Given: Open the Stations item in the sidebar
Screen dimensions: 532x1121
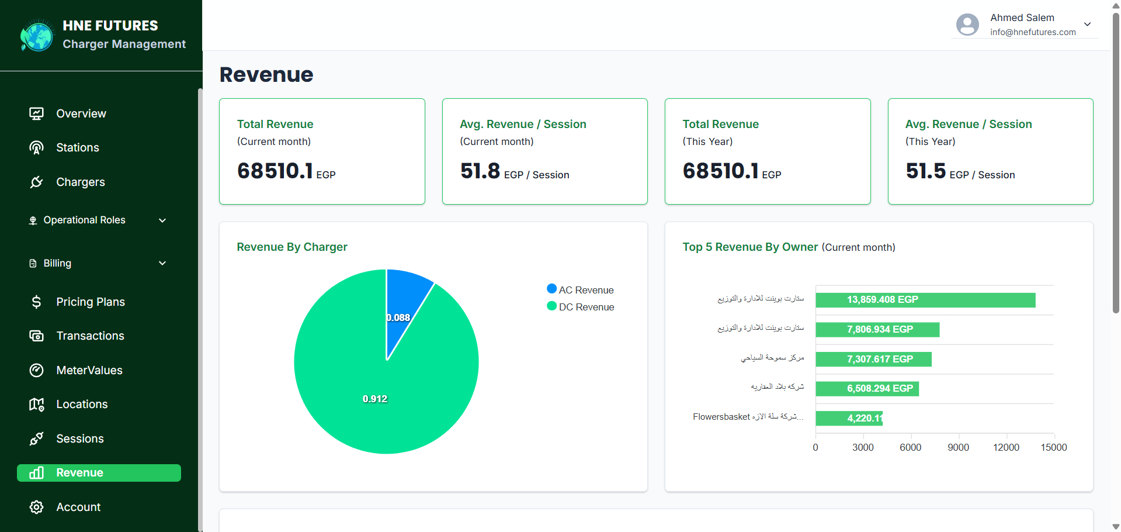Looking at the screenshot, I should coord(77,148).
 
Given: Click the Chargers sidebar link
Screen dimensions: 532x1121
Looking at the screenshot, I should coord(80,182).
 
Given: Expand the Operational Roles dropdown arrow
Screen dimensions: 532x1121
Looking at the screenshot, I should coord(162,220).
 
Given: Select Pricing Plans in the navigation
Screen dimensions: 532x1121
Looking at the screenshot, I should coord(90,302).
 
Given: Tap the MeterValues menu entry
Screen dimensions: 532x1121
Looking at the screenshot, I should coord(89,371).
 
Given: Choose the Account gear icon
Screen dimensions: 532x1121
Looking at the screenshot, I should coord(36,507).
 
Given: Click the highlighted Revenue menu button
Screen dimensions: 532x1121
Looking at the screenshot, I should coord(99,473).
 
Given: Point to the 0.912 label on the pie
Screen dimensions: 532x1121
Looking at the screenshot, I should coord(375,399).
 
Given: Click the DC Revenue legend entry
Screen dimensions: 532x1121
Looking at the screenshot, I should coord(586,307).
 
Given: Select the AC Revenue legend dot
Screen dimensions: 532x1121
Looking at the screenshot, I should coord(551,289).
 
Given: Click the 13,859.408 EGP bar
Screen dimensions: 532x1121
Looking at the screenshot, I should coord(925,300).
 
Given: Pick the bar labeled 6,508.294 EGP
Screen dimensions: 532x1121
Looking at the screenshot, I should coord(867,389).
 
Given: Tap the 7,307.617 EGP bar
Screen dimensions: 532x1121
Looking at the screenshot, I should coord(873,359).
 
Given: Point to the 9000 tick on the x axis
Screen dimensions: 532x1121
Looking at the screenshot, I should coord(958,447).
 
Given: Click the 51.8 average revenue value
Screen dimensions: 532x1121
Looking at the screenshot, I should coord(480,171).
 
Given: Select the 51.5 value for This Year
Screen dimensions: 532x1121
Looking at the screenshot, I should coord(925,171).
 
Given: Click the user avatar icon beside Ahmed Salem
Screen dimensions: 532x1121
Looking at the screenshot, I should coord(967,25).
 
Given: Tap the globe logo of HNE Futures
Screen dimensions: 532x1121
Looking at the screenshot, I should coord(37,36).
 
